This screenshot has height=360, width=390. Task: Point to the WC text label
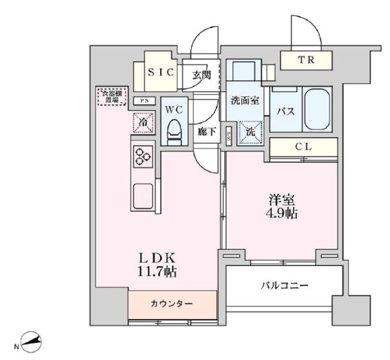click(174, 107)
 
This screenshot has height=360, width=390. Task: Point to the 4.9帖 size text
click(282, 214)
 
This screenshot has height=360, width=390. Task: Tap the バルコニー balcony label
click(284, 285)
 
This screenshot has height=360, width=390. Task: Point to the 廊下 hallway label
click(206, 131)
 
